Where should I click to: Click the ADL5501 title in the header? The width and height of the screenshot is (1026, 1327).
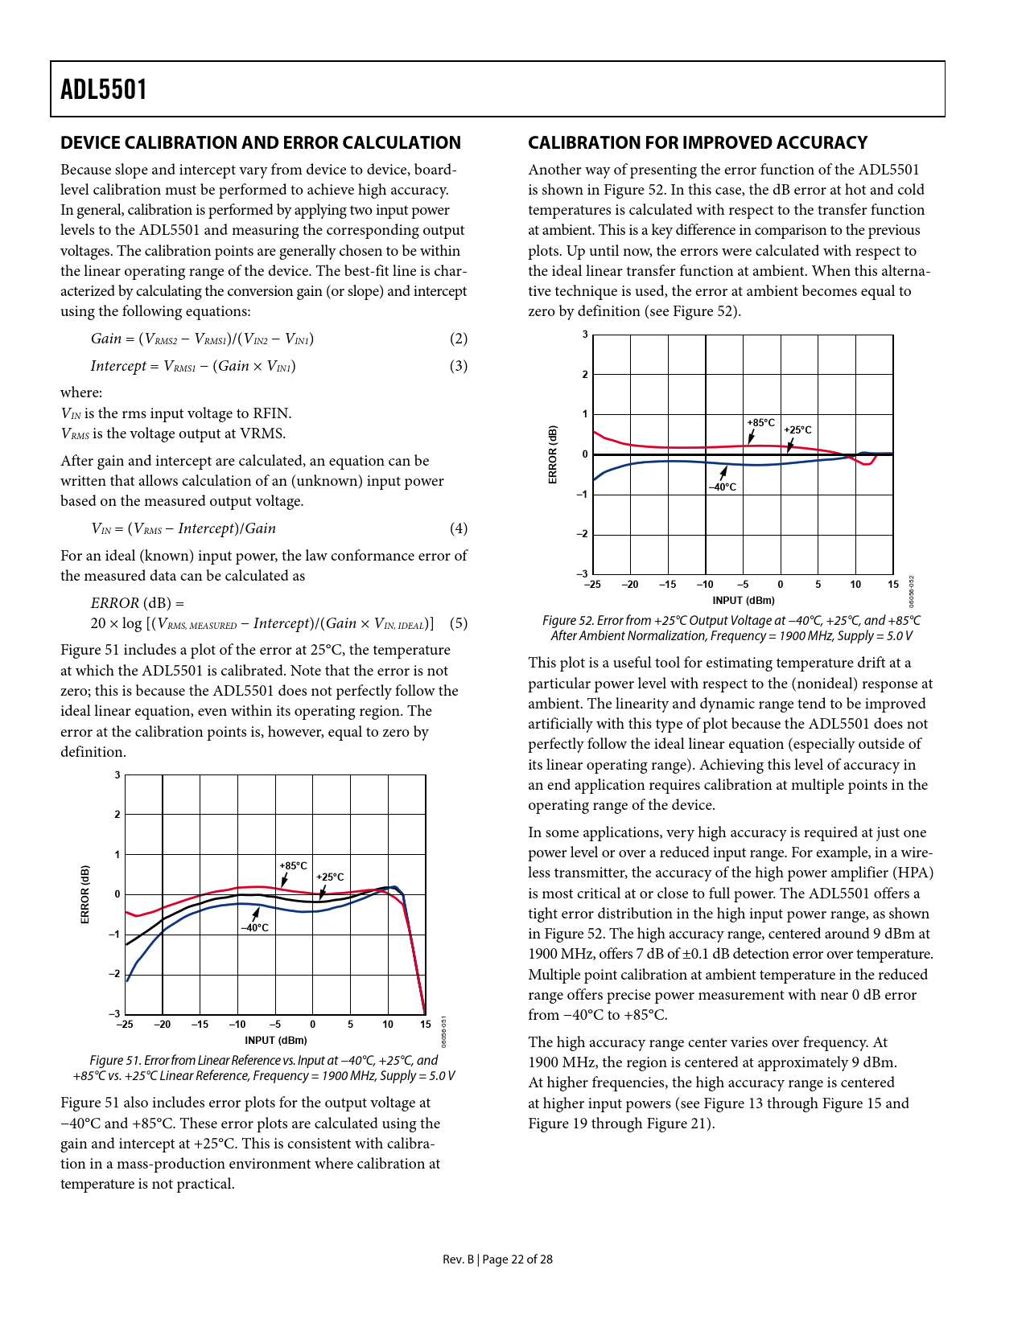[x=104, y=89]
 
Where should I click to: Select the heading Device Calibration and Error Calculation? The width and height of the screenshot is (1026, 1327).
[x=261, y=143]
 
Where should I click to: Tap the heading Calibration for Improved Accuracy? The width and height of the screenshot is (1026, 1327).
[x=697, y=143]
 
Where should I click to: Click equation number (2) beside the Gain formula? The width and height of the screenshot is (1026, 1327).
[x=458, y=339]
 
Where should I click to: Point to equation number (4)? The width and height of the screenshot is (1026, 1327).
[x=458, y=528]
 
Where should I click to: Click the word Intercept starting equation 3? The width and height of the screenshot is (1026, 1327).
[x=118, y=366]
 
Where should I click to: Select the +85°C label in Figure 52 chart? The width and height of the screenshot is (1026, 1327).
[x=760, y=423]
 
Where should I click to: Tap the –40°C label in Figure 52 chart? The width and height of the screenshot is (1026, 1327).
[x=722, y=487]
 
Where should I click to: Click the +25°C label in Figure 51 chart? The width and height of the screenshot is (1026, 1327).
[x=330, y=877]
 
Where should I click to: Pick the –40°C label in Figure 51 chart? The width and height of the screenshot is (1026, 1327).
[x=254, y=928]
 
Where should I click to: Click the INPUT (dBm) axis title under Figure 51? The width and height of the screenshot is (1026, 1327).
[x=275, y=1040]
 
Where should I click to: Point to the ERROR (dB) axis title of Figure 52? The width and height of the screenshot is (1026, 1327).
[x=553, y=454]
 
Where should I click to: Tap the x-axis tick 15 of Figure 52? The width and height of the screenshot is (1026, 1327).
[x=893, y=585]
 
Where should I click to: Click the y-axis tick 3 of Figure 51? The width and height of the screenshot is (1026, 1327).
[x=117, y=775]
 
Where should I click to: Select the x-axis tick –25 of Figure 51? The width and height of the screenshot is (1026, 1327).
[x=125, y=1025]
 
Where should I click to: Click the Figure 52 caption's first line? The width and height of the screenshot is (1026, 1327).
[x=731, y=621]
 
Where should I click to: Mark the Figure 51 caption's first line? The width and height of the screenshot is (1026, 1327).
[x=263, y=1061]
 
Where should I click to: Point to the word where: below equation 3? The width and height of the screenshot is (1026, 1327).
[x=81, y=392]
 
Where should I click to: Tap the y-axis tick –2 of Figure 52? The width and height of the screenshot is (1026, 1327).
[x=583, y=534]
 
